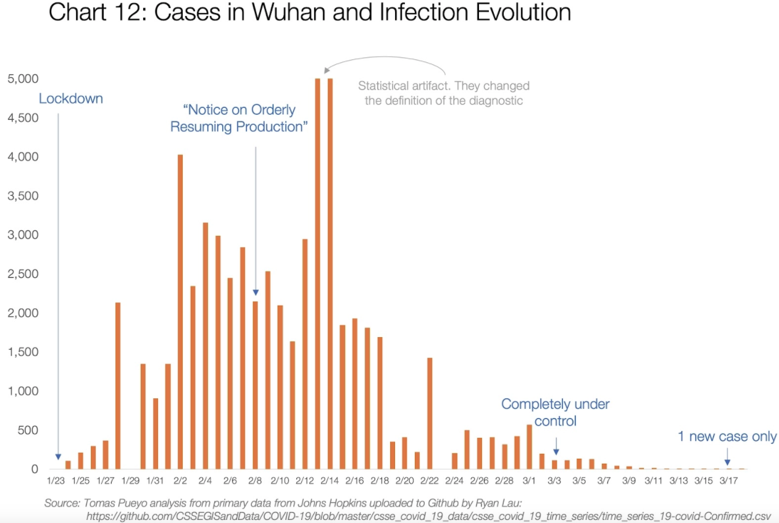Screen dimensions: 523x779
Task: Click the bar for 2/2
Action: [x=180, y=312]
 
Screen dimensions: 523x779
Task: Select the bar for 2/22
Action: [x=430, y=413]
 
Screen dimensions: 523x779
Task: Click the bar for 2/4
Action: [x=205, y=346]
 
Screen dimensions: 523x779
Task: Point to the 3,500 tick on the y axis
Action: [x=23, y=196]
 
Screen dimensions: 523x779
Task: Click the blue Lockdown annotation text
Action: [x=70, y=99]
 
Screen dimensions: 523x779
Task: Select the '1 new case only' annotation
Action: [x=727, y=437]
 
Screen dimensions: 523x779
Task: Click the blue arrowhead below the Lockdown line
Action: [x=58, y=457]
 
